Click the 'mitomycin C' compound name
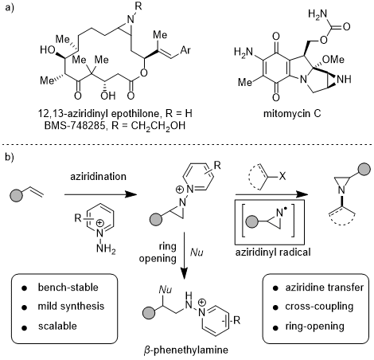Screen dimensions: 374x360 pos(292,114)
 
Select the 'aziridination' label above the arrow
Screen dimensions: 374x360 pos(98,177)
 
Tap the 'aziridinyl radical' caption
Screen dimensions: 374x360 pos(273,252)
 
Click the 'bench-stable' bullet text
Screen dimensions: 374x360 pos(68,288)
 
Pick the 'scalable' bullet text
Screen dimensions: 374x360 pos(57,326)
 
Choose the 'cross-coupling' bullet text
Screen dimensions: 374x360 pos(319,307)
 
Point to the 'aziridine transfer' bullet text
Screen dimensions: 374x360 pos(325,288)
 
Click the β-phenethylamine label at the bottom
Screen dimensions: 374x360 pos(186,350)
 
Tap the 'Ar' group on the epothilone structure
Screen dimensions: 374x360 pos(185,50)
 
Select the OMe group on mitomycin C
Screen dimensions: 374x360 pos(333,59)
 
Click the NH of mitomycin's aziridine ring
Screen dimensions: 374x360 pos(344,79)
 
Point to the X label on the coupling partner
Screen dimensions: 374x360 pos(282,176)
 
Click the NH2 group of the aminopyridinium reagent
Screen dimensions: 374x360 pos(106,249)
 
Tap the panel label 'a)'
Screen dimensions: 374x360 pos(10,7)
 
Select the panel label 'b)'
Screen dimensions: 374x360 pos(10,158)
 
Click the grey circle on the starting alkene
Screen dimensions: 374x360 pos(17,195)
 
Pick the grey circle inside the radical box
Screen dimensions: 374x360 pos(252,221)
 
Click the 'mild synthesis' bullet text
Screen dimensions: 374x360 pos(71,307)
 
